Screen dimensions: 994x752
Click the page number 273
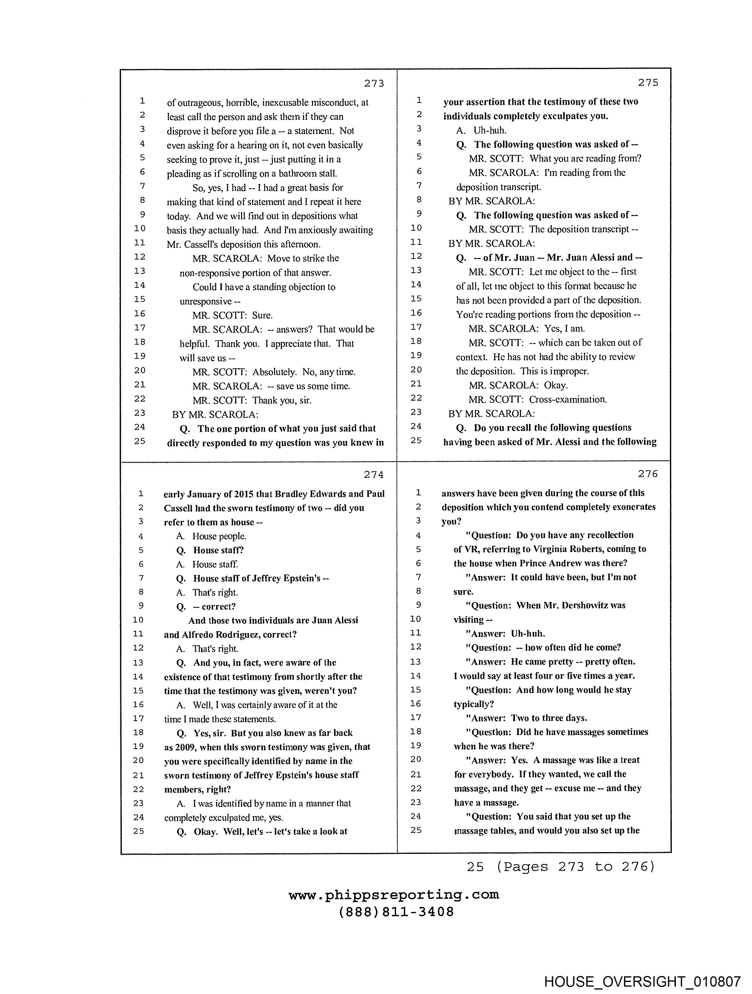[374, 83]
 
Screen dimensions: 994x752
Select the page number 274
[374, 474]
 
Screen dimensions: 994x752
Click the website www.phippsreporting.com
[393, 895]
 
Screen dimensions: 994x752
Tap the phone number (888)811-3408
[396, 912]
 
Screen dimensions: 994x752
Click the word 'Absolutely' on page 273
[274, 372]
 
